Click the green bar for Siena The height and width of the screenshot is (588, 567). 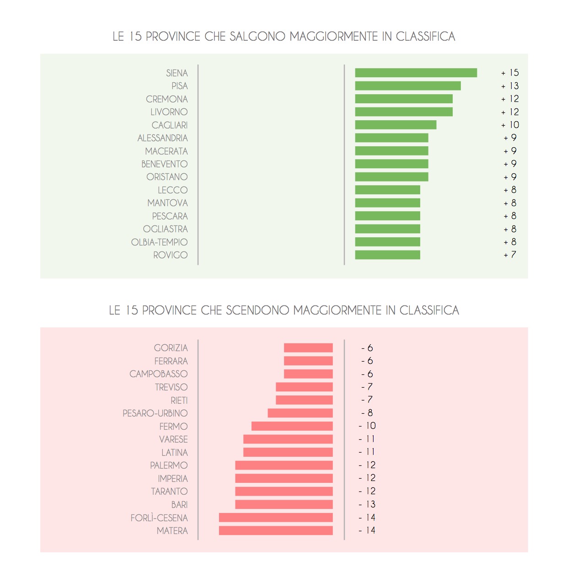coord(416,73)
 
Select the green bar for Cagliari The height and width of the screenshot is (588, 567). coord(396,125)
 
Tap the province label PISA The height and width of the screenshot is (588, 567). coord(180,86)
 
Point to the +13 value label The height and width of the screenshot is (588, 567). coord(510,86)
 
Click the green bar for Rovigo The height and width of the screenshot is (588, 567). coord(387,255)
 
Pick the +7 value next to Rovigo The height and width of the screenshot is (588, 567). coord(510,255)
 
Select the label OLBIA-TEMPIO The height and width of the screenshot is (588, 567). coord(159,242)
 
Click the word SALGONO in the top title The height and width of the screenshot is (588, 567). coord(257,37)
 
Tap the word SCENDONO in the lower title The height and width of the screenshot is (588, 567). coord(257,310)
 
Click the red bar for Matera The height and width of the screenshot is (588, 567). coord(276,530)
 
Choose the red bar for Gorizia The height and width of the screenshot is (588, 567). coord(308,348)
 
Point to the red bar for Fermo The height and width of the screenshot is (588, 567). coord(292,426)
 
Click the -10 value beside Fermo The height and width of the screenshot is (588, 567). coord(368,426)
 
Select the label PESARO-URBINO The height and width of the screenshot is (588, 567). coord(155,413)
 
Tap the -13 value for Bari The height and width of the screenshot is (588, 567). coord(368,504)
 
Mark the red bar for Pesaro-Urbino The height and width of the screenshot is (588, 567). coord(300,413)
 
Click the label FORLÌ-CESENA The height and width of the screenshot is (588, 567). coord(159,518)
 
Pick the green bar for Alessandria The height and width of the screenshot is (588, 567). coord(391,138)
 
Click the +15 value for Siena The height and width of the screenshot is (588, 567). coord(510,73)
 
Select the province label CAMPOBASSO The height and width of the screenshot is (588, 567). coord(158,374)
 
